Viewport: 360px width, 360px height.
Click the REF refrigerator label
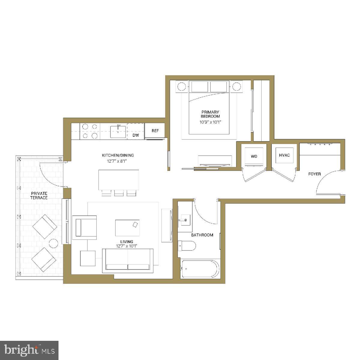pyautogui.click(x=155, y=131)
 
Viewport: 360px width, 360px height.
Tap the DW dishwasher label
pyautogui.click(x=136, y=135)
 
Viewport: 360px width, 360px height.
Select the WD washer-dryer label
pyautogui.click(x=254, y=156)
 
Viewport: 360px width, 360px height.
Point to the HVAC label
pyautogui.click(x=284, y=155)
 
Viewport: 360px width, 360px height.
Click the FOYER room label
pyautogui.click(x=315, y=174)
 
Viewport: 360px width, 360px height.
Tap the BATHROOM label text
pyautogui.click(x=202, y=235)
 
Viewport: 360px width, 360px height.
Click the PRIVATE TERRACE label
pyautogui.click(x=39, y=195)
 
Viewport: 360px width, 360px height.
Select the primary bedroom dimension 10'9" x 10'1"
pyautogui.click(x=210, y=122)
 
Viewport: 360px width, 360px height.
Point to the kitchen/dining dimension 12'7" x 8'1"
pyautogui.click(x=117, y=161)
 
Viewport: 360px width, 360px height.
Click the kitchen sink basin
pyautogui.click(x=118, y=132)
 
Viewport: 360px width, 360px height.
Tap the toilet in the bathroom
pyautogui.click(x=187, y=246)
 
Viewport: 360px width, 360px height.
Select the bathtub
pyautogui.click(x=200, y=269)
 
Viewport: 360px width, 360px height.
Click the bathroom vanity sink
pyautogui.click(x=185, y=220)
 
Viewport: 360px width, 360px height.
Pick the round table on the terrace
pyautogui.click(x=53, y=244)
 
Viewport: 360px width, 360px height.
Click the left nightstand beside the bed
pyautogui.click(x=181, y=86)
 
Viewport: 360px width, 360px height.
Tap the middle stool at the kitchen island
pyautogui.click(x=119, y=193)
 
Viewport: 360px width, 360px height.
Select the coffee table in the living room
pyautogui.click(x=127, y=228)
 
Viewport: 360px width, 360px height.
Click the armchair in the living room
pyautogui.click(x=84, y=227)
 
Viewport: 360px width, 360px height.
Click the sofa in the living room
pyautogui.click(x=128, y=261)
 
